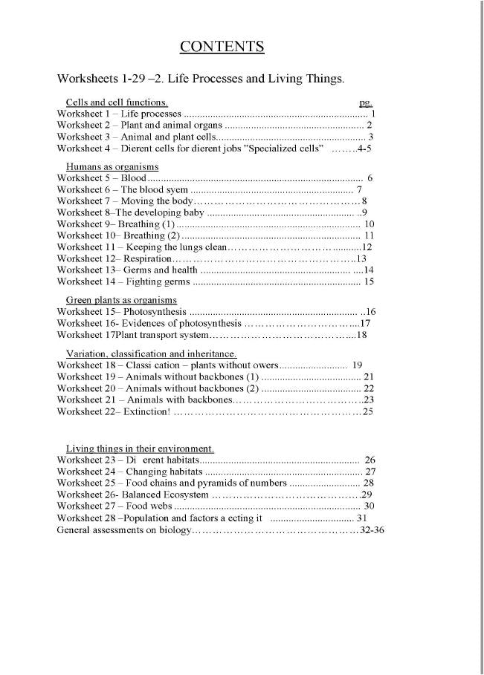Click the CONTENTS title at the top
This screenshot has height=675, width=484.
(x=222, y=48)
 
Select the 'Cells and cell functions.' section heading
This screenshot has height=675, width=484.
(x=117, y=102)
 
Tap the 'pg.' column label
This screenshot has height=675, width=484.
(x=365, y=102)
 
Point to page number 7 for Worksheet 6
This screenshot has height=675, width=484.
(x=360, y=190)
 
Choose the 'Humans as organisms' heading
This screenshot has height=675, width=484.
(x=112, y=168)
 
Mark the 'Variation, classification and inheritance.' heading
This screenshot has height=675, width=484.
(x=152, y=353)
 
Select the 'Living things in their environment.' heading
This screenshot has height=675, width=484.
(x=141, y=449)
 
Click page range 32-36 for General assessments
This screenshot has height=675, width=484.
(x=371, y=530)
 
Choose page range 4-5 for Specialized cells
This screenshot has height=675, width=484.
(x=361, y=149)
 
